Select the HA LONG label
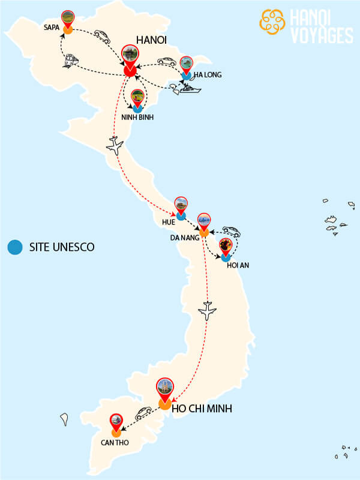(208, 75)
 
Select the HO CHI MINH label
(202, 409)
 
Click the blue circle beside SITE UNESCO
(15, 247)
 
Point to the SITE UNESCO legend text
(61, 247)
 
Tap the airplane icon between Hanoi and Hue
(115, 146)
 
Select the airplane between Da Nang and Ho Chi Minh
(206, 311)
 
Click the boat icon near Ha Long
(188, 89)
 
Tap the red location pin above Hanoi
(129, 56)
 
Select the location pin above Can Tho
(116, 422)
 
